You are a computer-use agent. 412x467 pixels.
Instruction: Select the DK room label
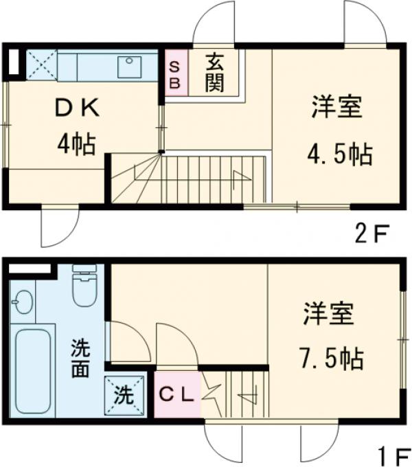pyautogui.click(x=77, y=109)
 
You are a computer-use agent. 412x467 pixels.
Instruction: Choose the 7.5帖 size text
pyautogui.click(x=330, y=358)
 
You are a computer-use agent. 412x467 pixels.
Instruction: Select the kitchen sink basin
pyautogui.click(x=130, y=66)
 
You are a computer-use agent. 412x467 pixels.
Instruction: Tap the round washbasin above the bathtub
pyautogui.click(x=23, y=302)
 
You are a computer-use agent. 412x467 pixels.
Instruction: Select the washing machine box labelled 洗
pyautogui.click(x=124, y=395)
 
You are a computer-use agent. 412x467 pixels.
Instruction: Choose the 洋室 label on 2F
pyautogui.click(x=336, y=109)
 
